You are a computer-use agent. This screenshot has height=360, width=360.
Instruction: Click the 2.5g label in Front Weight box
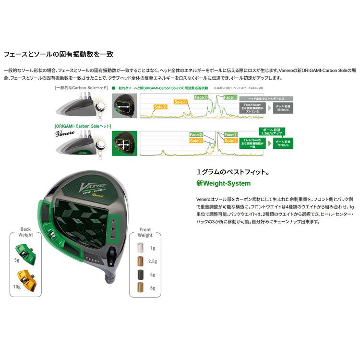click(153, 261)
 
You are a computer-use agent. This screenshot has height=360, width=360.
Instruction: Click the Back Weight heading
click(26, 232)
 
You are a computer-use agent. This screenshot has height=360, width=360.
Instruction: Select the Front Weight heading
click(145, 232)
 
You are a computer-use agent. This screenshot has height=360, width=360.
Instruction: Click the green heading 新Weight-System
click(223, 183)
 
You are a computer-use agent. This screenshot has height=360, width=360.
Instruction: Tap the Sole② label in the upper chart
click(160, 107)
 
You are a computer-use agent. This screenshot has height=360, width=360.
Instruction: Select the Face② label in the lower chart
click(197, 135)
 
